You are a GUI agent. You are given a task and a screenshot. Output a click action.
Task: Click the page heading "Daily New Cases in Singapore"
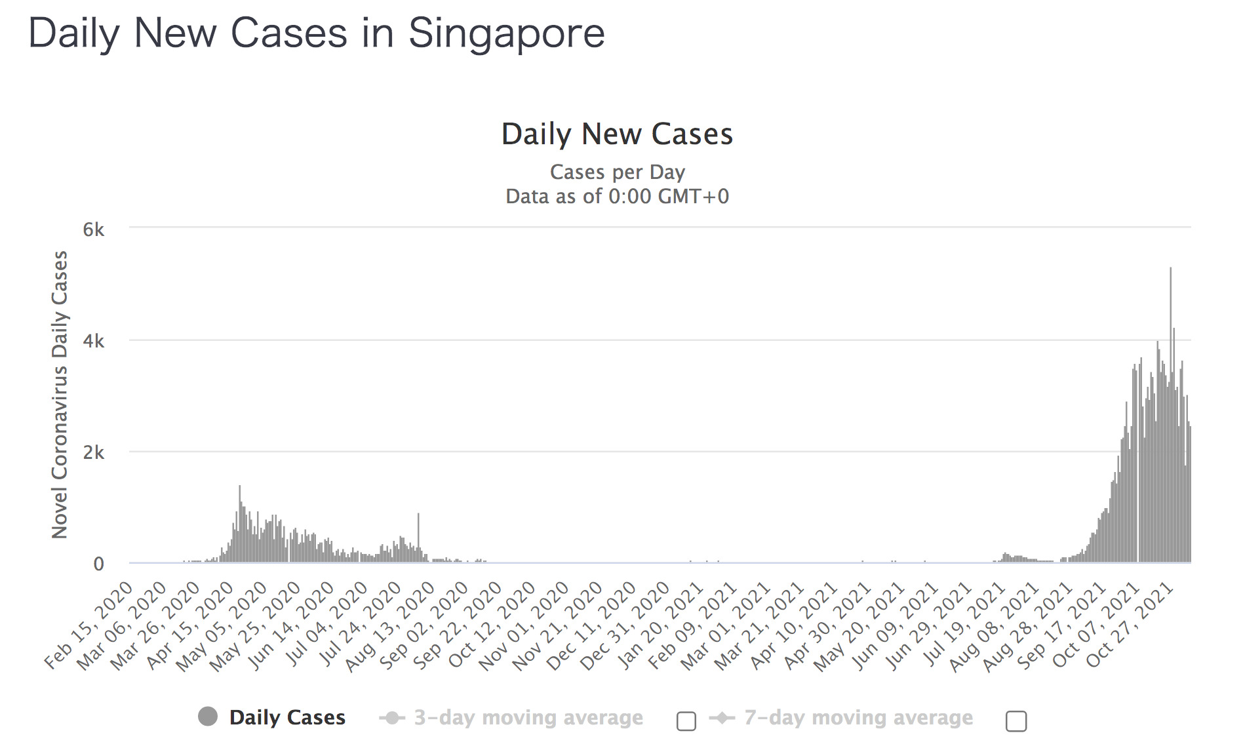point(317,33)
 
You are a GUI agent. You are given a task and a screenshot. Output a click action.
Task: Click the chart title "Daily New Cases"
point(617,134)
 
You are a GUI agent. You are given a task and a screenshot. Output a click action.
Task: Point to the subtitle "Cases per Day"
point(617,172)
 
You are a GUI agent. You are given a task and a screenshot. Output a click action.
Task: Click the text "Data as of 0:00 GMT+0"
point(617,196)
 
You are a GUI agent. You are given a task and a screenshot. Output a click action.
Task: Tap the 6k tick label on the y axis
point(93,229)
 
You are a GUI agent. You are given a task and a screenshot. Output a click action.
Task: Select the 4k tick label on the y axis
point(93,341)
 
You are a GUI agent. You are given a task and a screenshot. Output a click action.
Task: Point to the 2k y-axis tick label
point(93,452)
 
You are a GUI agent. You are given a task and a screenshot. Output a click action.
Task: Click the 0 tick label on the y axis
point(98,564)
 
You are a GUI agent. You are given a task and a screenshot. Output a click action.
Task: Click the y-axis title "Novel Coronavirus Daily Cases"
point(60,395)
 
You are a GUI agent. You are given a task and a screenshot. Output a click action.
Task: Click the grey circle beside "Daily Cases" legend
point(208,717)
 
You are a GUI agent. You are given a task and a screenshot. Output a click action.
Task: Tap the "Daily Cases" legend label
point(287,717)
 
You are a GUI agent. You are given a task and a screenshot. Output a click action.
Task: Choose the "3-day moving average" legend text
point(528,717)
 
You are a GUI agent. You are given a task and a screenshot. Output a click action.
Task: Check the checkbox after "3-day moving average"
point(686,720)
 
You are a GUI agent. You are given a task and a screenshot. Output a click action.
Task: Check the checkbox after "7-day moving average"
point(1016,720)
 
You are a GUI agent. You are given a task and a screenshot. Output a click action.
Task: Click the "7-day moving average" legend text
point(858,717)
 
